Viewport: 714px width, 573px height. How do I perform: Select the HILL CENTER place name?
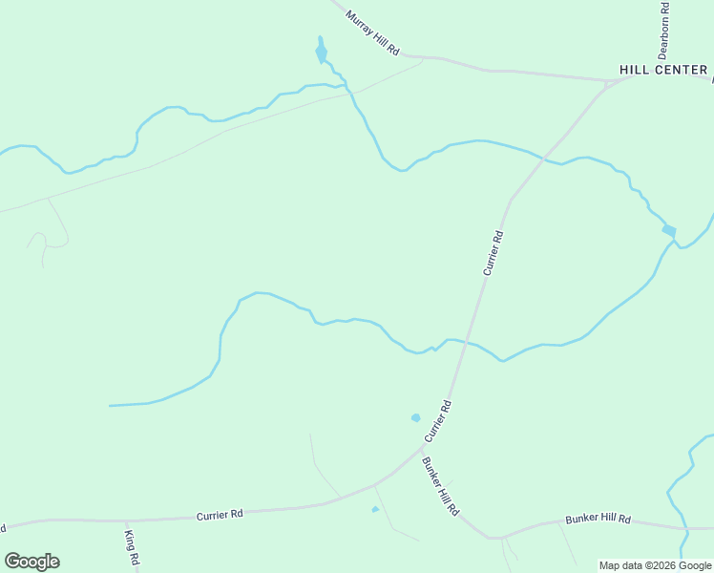click(663, 70)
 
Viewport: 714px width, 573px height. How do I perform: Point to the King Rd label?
click(132, 545)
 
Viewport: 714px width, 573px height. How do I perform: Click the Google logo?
click(31, 561)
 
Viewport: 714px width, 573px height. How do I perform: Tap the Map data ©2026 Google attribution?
click(655, 565)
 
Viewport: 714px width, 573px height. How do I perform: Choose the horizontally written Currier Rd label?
click(220, 514)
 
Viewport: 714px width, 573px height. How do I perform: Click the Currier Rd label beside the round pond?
click(437, 421)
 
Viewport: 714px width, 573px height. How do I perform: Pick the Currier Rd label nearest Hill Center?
click(493, 253)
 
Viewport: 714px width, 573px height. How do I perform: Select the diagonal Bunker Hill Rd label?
click(440, 486)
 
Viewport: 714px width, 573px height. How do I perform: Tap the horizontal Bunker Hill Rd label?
click(598, 519)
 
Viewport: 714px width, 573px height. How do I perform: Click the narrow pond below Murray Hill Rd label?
click(321, 51)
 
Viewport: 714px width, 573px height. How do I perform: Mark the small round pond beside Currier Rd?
click(415, 417)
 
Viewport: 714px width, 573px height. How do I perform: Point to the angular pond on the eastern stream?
click(669, 230)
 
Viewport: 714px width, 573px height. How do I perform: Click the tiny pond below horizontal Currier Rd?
click(375, 509)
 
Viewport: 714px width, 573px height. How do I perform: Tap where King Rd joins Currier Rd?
click(126, 520)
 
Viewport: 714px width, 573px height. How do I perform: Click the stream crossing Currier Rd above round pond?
click(465, 342)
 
